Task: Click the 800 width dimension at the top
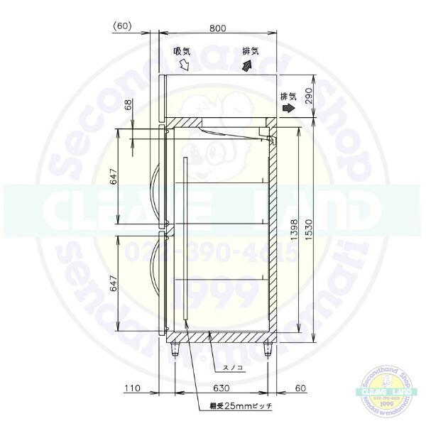218,28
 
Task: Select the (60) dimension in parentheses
123,26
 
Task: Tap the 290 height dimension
307,95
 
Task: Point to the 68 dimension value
128,106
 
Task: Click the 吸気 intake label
182,51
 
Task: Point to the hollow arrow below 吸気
183,66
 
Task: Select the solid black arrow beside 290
288,108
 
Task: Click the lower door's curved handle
158,283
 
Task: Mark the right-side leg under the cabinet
268,349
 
